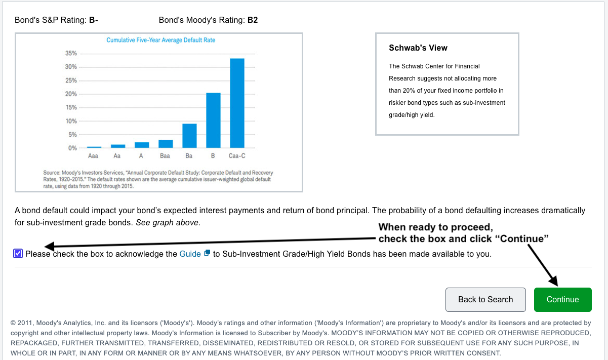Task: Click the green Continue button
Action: pyautogui.click(x=562, y=299)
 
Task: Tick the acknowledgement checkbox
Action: pyautogui.click(x=18, y=254)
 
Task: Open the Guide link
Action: pyautogui.click(x=190, y=254)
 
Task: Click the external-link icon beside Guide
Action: pyautogui.click(x=207, y=253)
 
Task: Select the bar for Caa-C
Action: pyautogui.click(x=237, y=103)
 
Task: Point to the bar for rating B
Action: pyautogui.click(x=213, y=121)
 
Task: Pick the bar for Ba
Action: pyautogui.click(x=189, y=136)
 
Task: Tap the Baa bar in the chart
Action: pyautogui.click(x=166, y=144)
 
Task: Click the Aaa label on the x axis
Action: pyautogui.click(x=93, y=156)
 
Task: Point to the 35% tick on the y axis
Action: pyautogui.click(x=71, y=53)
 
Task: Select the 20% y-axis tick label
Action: pyautogui.click(x=71, y=94)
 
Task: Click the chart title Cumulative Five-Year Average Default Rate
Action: pyautogui.click(x=160, y=40)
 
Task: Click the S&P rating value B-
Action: pyautogui.click(x=93, y=20)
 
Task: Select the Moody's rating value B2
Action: pyautogui.click(x=253, y=20)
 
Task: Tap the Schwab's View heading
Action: pyautogui.click(x=418, y=48)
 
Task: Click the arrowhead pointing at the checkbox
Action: pyautogui.click(x=49, y=246)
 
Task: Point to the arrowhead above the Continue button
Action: pyautogui.click(x=554, y=282)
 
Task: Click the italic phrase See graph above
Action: pyautogui.click(x=167, y=223)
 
